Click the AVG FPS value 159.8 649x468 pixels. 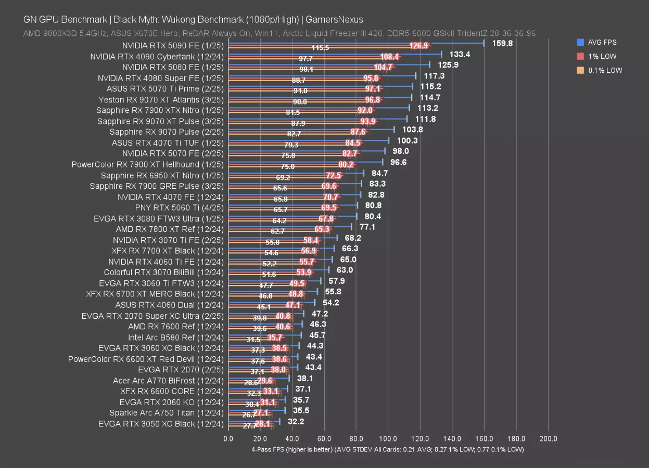pyautogui.click(x=502, y=43)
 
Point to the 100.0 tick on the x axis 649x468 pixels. pyautogui.click(x=388, y=439)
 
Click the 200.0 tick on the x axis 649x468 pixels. pyautogui.click(x=548, y=439)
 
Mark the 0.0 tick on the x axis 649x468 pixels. pyautogui.click(x=228, y=439)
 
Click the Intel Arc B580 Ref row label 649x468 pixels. pyautogui.click(x=176, y=337)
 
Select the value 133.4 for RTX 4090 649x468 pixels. pyautogui.click(x=460, y=54)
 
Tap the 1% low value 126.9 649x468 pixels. pyautogui.click(x=419, y=46)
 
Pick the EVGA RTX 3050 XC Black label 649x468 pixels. pyautogui.click(x=161, y=424)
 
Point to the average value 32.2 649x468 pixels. pyautogui.click(x=295, y=421)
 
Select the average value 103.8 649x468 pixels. pyautogui.click(x=412, y=129)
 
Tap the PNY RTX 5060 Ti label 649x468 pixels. pyautogui.click(x=179, y=207)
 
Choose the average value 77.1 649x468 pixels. pyautogui.click(x=367, y=227)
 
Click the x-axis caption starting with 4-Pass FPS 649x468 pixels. pyautogui.click(x=387, y=449)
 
